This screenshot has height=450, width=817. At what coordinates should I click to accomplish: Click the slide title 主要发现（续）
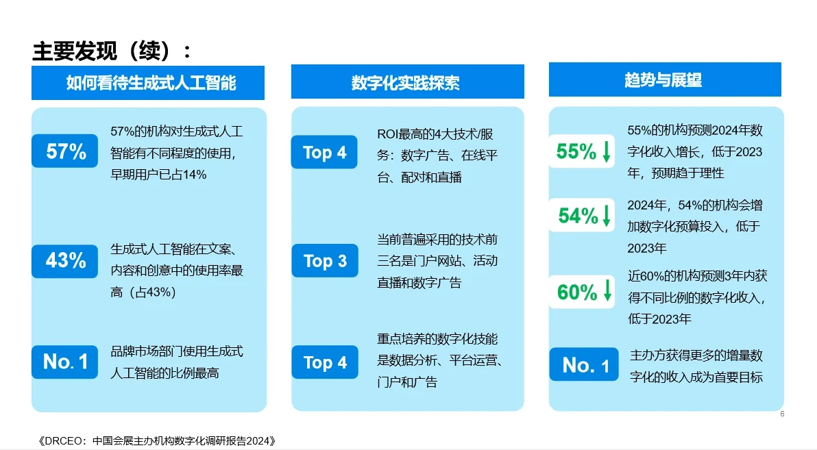click(112, 51)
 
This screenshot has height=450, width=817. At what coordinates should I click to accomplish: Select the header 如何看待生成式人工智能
click(151, 83)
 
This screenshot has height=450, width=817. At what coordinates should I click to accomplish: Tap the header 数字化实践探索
click(407, 83)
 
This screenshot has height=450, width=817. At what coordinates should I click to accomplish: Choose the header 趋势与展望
click(663, 79)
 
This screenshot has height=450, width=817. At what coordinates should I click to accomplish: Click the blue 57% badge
click(66, 151)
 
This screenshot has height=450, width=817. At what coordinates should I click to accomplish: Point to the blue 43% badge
click(66, 260)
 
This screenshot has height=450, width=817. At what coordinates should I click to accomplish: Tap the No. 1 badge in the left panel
click(66, 362)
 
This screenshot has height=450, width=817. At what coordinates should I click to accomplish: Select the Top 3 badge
click(325, 261)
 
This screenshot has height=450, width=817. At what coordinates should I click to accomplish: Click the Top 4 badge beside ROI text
click(325, 152)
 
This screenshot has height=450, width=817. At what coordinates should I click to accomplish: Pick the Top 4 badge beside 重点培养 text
click(325, 362)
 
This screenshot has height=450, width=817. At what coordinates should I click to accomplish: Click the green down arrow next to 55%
click(606, 152)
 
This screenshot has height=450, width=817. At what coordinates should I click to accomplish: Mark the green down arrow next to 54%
click(606, 216)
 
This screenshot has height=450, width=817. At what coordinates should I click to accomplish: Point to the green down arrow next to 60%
click(606, 292)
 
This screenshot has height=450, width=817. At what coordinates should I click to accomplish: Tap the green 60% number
click(576, 292)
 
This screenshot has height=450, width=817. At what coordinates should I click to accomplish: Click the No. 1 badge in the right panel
click(584, 365)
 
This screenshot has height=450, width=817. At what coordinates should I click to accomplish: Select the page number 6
click(782, 414)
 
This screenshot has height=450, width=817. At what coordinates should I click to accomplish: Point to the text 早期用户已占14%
click(158, 174)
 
